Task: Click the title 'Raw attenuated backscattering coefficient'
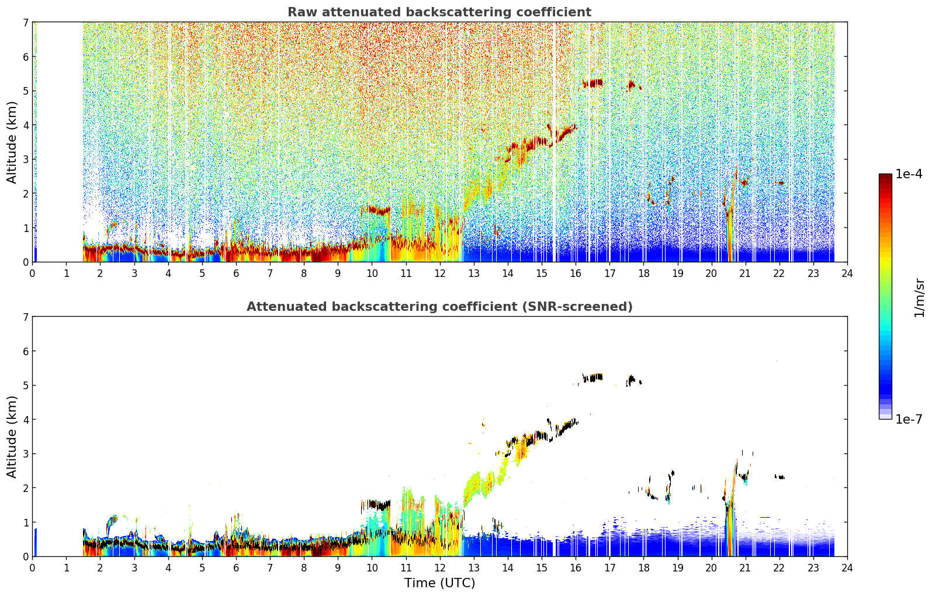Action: pyautogui.click(x=439, y=12)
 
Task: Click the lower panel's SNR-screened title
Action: pyautogui.click(x=439, y=306)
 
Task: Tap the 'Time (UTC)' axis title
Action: pyautogui.click(x=439, y=583)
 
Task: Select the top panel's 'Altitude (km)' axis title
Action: pyautogui.click(x=12, y=142)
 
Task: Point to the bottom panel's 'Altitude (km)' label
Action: pyautogui.click(x=12, y=436)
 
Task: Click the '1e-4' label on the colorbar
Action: pyautogui.click(x=909, y=174)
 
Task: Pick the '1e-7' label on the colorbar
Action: pyautogui.click(x=909, y=419)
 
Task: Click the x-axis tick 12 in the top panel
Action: pyautogui.click(x=440, y=273)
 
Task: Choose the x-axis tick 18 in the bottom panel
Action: pyautogui.click(x=644, y=568)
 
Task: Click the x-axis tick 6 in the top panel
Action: pyautogui.click(x=236, y=273)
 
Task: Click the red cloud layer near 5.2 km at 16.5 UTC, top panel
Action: pyautogui.click(x=592, y=83)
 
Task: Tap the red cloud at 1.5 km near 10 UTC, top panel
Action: pyautogui.click(x=376, y=210)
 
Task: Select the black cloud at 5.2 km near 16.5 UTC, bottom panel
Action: pyautogui.click(x=592, y=377)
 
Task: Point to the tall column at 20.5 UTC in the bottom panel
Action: pyautogui.click(x=729, y=529)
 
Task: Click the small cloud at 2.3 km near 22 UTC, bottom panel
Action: pyautogui.click(x=779, y=477)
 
